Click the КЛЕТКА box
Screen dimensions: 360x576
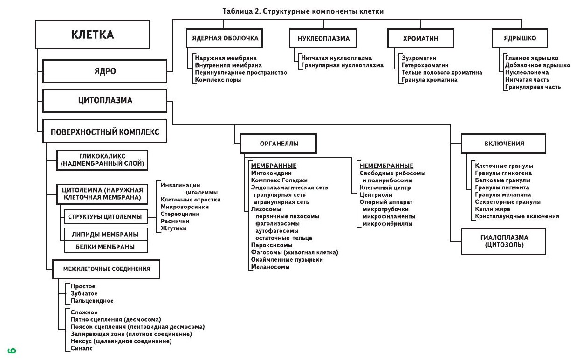92,35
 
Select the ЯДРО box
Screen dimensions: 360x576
104,71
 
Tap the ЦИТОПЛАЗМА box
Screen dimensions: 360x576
104,100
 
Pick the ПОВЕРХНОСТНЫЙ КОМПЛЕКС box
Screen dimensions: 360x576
104,132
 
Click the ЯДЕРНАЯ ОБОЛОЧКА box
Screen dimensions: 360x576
225,38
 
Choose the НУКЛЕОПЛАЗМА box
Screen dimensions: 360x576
323,38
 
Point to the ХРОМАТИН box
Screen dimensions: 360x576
420,38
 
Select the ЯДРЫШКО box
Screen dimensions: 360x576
520,38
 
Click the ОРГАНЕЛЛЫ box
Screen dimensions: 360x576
279,144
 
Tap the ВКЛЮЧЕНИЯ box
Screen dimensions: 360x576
503,144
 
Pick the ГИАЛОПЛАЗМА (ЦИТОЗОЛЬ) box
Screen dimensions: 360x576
503,241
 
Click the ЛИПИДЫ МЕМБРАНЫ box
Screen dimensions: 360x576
106,234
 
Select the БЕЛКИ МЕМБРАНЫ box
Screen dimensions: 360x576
106,247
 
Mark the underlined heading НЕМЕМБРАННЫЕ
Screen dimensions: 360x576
386,166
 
